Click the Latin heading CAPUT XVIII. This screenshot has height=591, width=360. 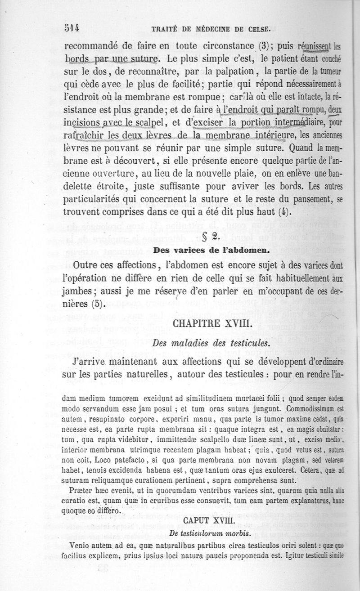click(210, 520)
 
